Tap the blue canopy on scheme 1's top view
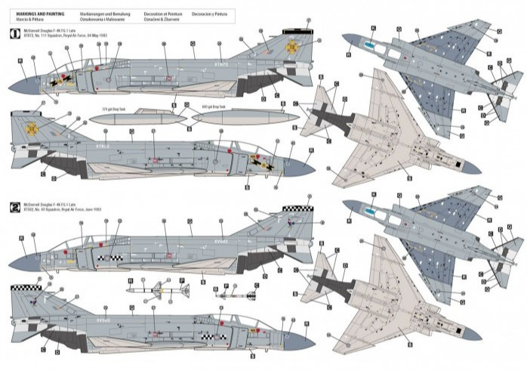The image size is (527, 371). (368, 46)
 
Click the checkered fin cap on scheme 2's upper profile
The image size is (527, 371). (295, 209)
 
